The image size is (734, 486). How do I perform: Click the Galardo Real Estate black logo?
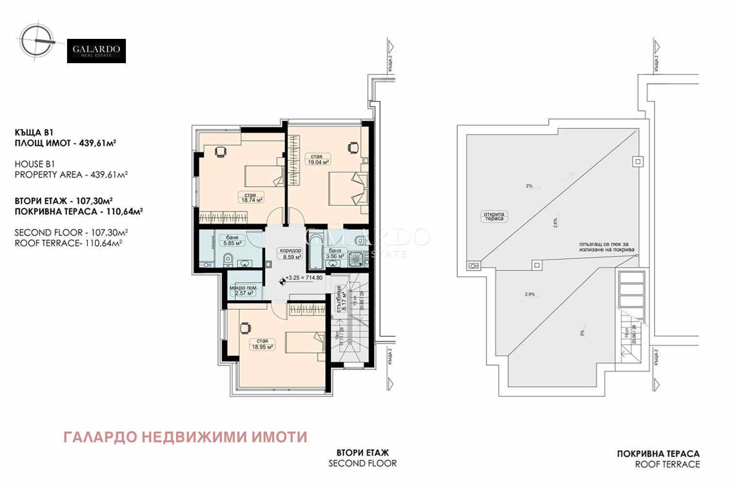click(96, 51)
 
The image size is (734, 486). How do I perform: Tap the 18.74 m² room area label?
click(250, 197)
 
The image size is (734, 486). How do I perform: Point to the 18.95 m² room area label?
click(262, 344)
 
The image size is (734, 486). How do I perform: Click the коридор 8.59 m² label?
click(290, 254)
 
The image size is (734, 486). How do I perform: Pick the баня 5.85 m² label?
click(232, 241)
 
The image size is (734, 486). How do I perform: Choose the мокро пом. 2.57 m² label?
click(244, 291)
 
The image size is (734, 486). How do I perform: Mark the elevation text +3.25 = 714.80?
click(304, 278)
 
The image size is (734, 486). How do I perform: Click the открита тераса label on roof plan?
click(494, 216)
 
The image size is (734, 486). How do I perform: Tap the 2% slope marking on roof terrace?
click(529, 186)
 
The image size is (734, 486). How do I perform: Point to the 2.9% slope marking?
click(529, 294)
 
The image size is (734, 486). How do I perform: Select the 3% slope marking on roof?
click(582, 333)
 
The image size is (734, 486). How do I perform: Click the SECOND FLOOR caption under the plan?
click(363, 464)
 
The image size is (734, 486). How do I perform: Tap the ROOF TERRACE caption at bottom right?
click(667, 465)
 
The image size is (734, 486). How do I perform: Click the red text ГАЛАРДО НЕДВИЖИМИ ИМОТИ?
click(185, 437)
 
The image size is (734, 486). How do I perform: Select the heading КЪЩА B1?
click(34, 132)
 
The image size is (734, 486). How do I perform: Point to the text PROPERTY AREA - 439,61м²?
click(71, 174)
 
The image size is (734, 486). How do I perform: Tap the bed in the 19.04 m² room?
click(346, 189)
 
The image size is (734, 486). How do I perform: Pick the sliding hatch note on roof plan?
click(607, 247)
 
